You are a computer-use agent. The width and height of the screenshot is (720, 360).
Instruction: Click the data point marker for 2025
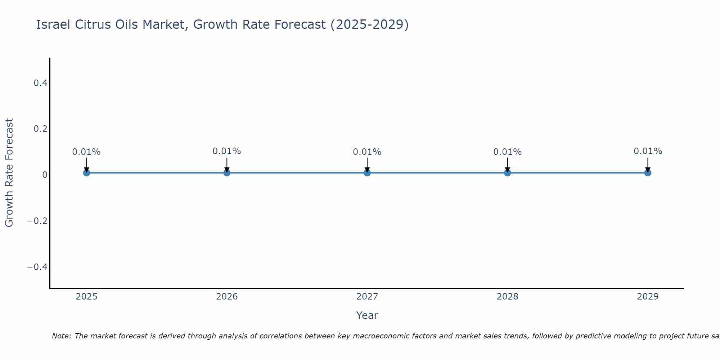point(86,173)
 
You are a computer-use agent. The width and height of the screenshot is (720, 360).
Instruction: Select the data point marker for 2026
point(227,173)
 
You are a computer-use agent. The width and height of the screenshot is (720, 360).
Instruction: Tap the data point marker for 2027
point(367,173)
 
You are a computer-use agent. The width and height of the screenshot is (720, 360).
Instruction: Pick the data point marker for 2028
point(507,173)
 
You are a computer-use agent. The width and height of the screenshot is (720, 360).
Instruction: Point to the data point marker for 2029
point(648,173)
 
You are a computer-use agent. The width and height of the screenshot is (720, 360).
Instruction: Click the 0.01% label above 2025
point(86,152)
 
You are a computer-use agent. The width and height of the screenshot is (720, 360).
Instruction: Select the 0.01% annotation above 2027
point(367,152)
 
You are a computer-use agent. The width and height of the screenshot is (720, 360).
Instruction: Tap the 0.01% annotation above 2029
point(648,151)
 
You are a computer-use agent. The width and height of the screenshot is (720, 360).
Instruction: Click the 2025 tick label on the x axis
point(87,297)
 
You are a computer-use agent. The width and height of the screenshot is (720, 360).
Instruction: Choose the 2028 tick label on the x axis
point(507,297)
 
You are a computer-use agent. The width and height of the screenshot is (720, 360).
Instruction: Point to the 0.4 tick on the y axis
point(40,83)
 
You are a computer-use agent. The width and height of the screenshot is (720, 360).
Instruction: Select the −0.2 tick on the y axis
point(37,221)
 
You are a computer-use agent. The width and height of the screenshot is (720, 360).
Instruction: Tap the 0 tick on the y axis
point(45,175)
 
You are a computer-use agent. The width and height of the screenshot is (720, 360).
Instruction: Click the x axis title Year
point(367,315)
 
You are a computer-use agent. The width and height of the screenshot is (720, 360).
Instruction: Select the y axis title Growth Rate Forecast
point(9,173)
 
